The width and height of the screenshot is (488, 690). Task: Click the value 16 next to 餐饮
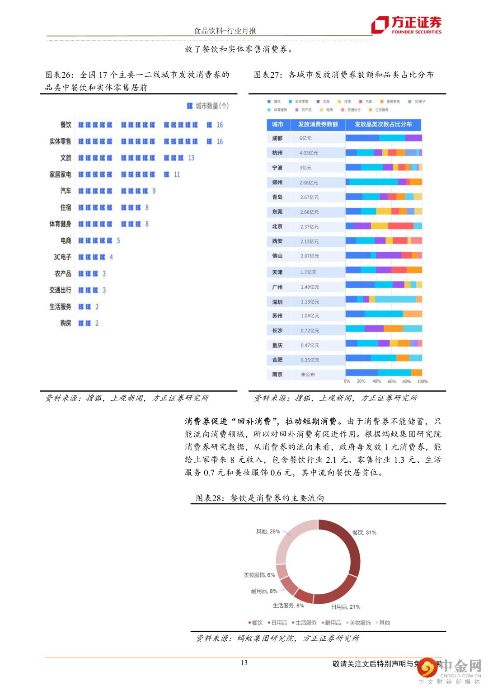coord(220,125)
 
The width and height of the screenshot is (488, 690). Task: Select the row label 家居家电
coord(60,174)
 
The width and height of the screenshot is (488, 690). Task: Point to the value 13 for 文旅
coord(191,158)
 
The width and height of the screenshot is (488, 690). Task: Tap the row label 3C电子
coord(62,257)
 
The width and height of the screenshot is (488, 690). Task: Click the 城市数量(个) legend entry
coord(208,106)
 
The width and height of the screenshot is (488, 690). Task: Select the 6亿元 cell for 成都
coord(305,138)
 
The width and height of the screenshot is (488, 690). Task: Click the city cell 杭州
coord(277,153)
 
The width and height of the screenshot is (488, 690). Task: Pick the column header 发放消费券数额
coord(318,124)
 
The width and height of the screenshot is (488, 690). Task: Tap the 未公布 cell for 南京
coord(308,375)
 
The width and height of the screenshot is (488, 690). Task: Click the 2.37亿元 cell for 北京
coord(310,227)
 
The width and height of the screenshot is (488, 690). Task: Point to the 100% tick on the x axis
coord(422,381)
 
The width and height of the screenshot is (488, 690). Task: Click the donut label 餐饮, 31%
coord(364,532)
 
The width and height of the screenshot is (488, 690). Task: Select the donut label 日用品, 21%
coord(346,607)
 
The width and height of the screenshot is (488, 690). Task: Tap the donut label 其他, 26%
coord(268,531)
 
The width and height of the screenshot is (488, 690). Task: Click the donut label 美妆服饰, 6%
coord(259,575)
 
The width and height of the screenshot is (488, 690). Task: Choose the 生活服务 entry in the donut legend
coord(305,623)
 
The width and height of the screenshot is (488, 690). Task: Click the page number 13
coord(244,663)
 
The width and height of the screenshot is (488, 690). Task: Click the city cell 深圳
coord(277,302)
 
